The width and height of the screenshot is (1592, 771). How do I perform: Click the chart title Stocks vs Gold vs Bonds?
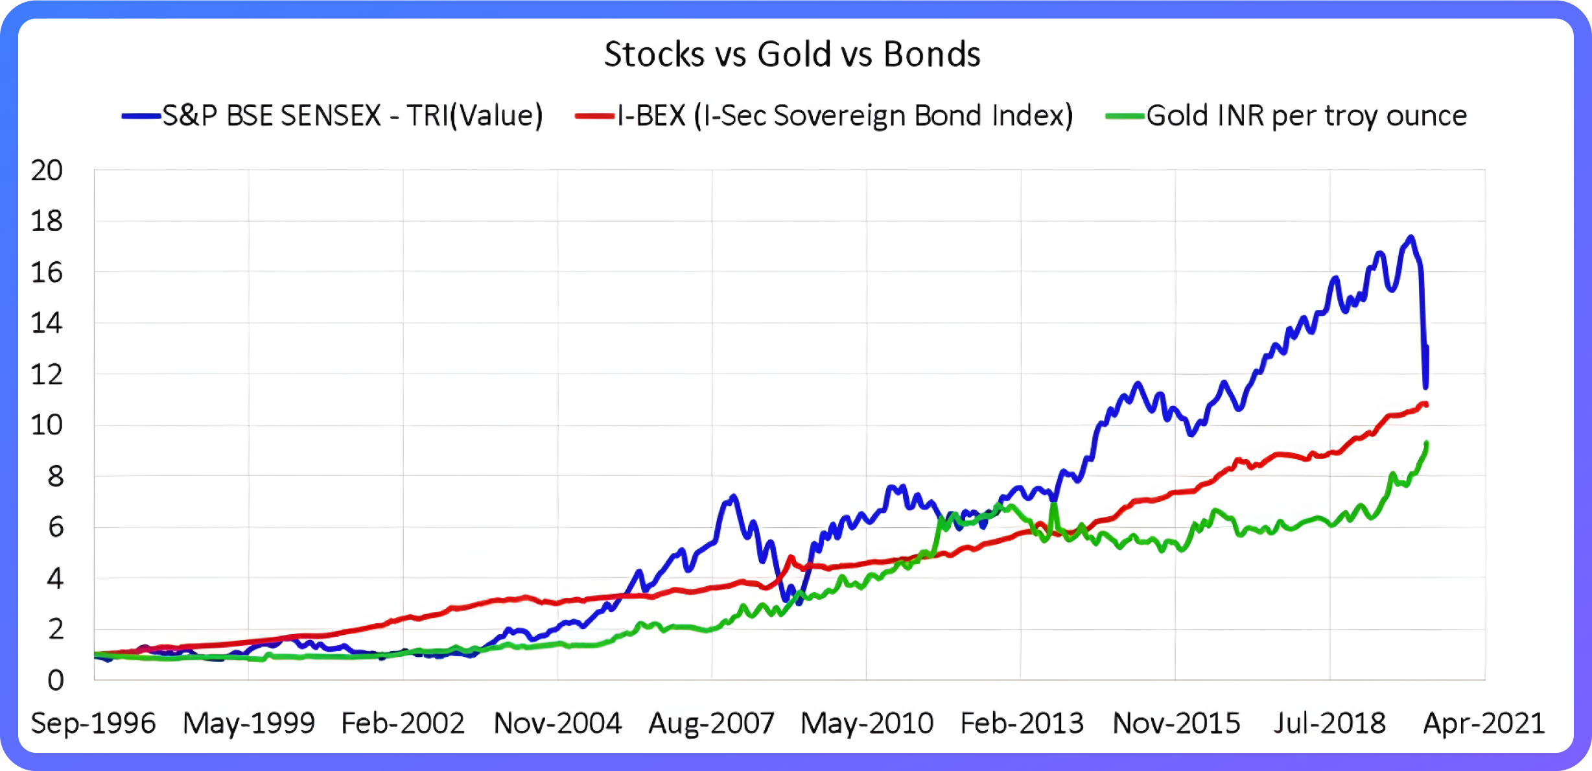791,54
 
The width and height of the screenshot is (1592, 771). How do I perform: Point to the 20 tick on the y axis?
47,171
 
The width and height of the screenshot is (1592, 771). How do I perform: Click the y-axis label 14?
47,323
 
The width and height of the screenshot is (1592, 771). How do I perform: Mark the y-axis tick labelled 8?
55,477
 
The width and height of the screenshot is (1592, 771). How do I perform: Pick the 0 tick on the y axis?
56,680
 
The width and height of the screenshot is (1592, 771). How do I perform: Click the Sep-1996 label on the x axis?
93,723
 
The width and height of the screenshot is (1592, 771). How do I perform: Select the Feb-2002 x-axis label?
403,723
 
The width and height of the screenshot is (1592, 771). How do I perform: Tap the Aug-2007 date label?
711,723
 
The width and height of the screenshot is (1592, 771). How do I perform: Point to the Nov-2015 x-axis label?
1176,723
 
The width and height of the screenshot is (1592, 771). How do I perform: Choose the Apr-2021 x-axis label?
1484,723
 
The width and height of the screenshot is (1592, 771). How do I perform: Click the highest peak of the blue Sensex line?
1411,237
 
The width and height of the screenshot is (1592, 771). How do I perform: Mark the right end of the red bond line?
1425,405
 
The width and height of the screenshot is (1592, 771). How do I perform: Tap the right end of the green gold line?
1427,444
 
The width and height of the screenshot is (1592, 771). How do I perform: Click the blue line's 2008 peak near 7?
733,497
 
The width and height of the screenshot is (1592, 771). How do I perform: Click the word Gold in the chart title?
794,54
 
